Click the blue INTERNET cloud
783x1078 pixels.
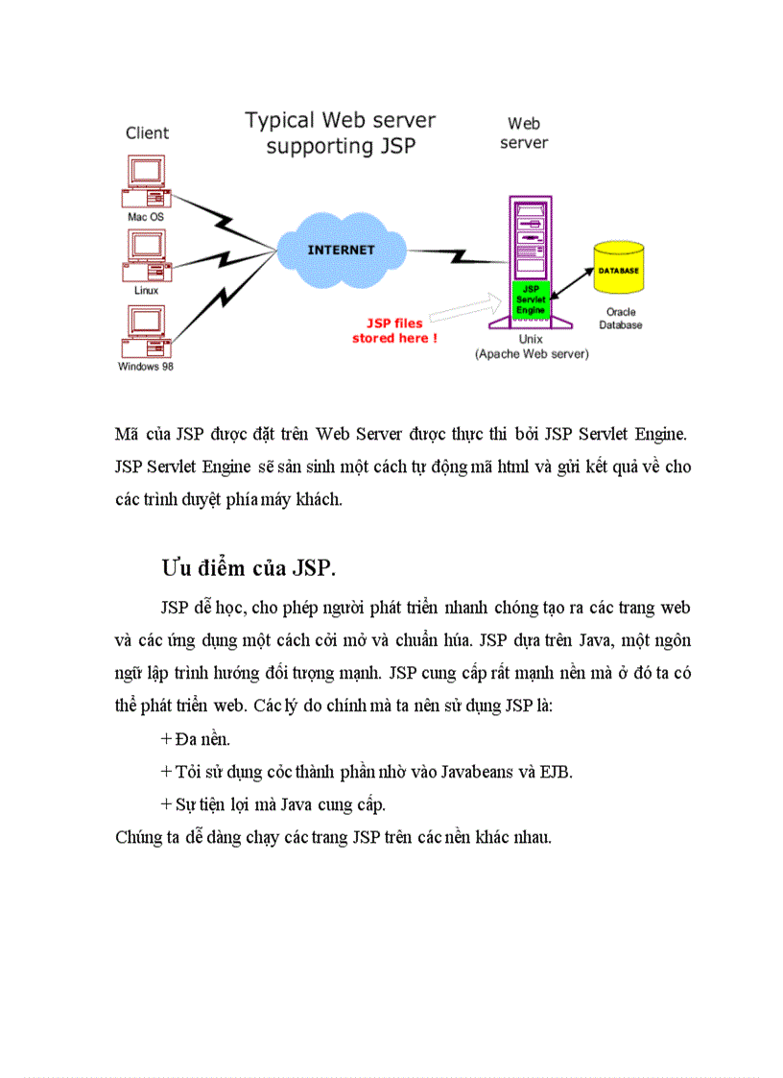click(340, 250)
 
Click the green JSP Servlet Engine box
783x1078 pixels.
click(530, 299)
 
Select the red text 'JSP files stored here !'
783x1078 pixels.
click(394, 330)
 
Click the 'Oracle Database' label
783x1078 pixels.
click(620, 319)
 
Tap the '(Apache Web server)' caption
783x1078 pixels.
click(531, 354)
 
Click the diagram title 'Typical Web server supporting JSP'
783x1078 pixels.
click(340, 132)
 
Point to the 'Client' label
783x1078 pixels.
click(147, 133)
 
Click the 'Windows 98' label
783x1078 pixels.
click(146, 366)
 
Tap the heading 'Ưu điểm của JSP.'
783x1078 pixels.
click(249, 567)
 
